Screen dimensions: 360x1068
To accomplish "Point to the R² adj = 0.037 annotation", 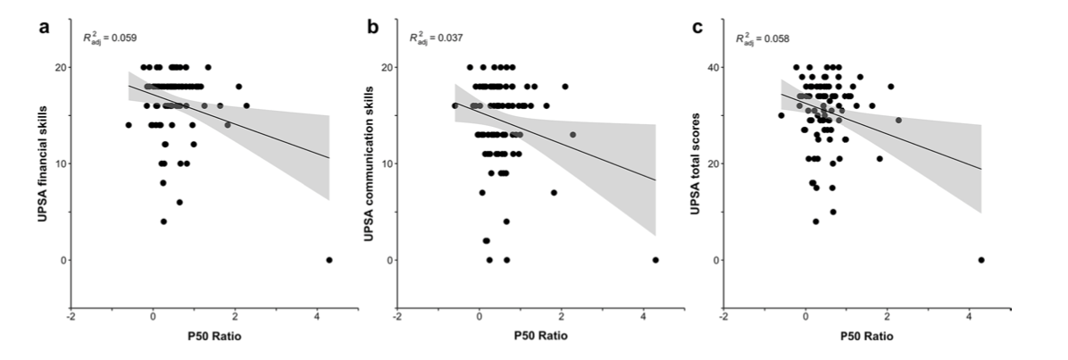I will point(436,38).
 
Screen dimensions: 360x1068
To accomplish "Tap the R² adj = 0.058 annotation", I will point(762,38).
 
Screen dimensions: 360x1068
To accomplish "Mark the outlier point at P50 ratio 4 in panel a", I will point(329,260).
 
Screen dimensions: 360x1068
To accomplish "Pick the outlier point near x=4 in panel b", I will point(655,260).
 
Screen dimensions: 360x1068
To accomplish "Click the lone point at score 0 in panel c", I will point(980,260).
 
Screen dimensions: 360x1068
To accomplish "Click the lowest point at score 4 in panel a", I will point(163,222).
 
